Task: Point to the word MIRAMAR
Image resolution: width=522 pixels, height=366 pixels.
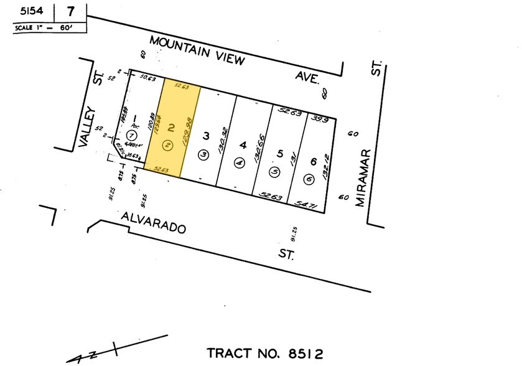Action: click(x=363, y=177)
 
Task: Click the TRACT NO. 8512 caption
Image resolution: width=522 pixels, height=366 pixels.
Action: click(x=266, y=354)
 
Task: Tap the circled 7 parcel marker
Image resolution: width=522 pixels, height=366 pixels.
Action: click(x=132, y=135)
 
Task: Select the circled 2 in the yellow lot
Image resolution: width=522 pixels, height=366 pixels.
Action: click(x=167, y=146)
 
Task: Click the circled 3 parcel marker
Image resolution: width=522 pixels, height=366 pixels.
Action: click(x=202, y=154)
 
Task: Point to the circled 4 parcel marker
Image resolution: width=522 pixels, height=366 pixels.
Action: click(x=239, y=162)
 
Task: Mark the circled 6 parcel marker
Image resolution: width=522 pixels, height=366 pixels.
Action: click(x=309, y=179)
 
